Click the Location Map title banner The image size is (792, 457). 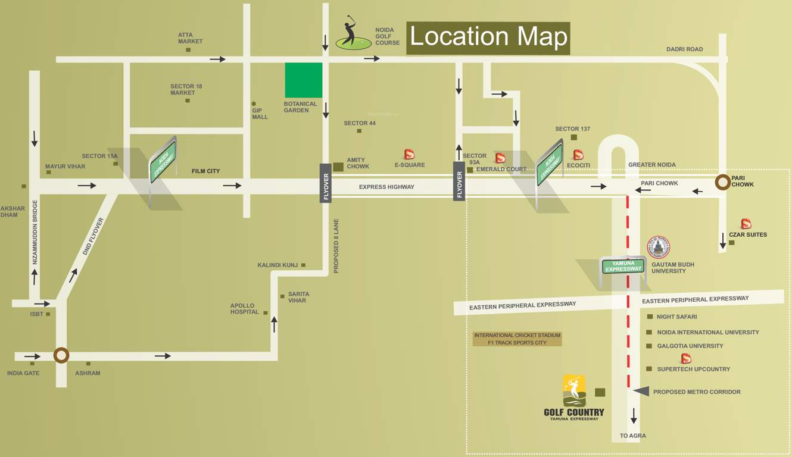point(488,37)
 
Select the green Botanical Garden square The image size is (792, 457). point(304,80)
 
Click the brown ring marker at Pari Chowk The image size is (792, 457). point(723,182)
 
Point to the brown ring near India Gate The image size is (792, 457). point(61,355)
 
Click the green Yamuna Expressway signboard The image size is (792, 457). point(623,266)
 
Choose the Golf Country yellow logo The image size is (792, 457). point(574,390)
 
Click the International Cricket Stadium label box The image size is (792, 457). point(517,339)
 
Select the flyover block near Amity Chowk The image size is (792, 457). point(325,183)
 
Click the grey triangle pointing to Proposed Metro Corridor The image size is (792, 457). point(641,391)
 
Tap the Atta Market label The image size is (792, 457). point(190,38)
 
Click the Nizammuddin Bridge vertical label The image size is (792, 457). point(35,232)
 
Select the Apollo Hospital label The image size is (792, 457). point(245,309)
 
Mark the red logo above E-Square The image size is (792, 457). point(409,154)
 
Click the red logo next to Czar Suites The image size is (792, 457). point(746,224)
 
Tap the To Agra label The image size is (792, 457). point(632,436)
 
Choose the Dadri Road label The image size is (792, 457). point(684,49)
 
